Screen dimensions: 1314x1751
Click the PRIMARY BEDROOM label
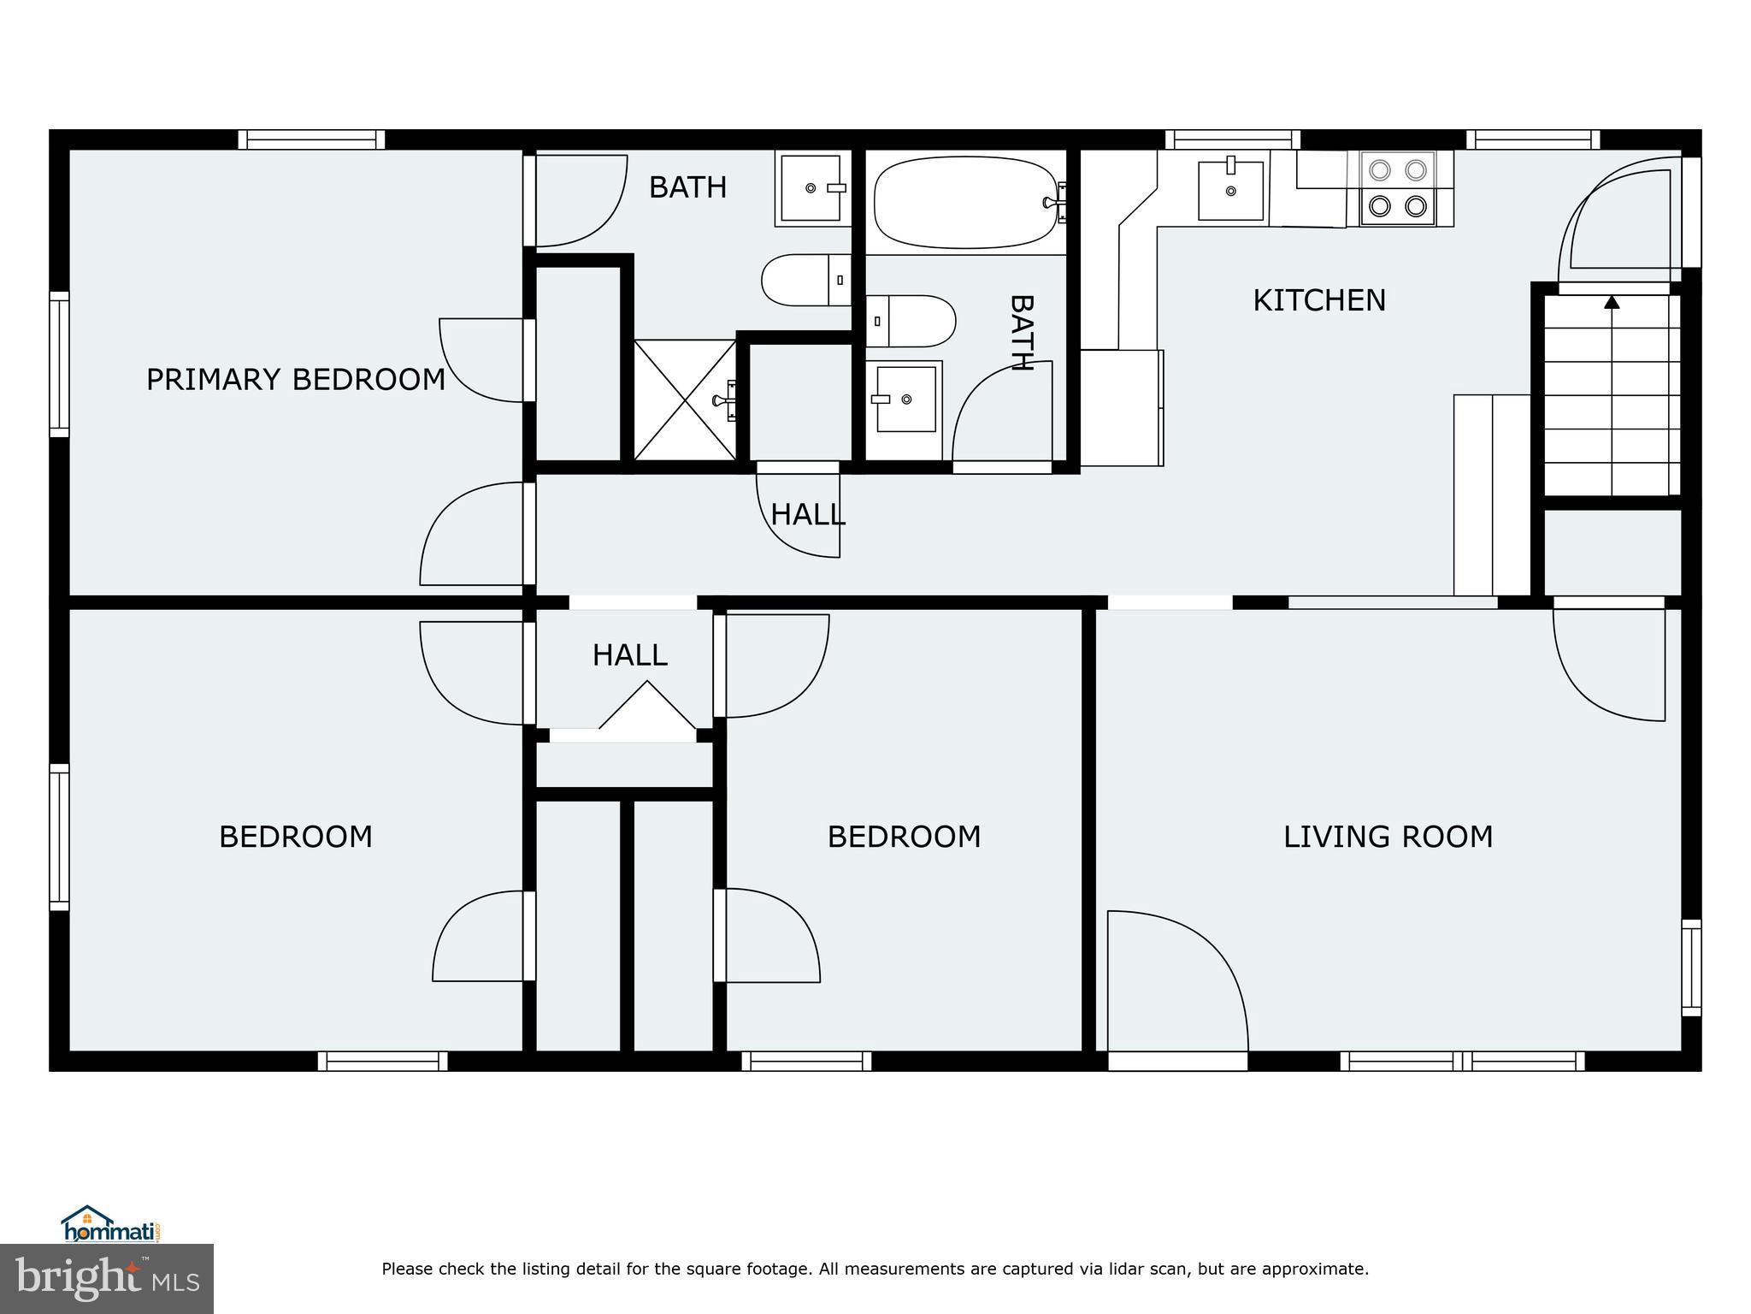[x=296, y=379]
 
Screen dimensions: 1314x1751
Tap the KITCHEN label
[x=1318, y=300]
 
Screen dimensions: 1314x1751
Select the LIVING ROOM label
[x=1388, y=836]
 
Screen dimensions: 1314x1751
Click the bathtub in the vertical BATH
[x=966, y=202]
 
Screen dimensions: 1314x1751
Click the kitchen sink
[x=1230, y=190]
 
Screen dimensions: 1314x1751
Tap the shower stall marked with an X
[x=685, y=400]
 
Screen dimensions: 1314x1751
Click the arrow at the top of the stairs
[x=1612, y=302]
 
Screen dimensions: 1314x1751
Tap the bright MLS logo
[x=107, y=1278]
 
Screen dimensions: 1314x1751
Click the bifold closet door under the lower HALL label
[x=647, y=707]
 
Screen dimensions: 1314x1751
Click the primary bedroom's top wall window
[x=311, y=139]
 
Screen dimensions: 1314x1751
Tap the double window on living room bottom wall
[x=1462, y=1062]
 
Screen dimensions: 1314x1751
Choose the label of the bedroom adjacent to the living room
[x=904, y=836]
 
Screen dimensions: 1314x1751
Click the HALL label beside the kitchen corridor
[x=807, y=514]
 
